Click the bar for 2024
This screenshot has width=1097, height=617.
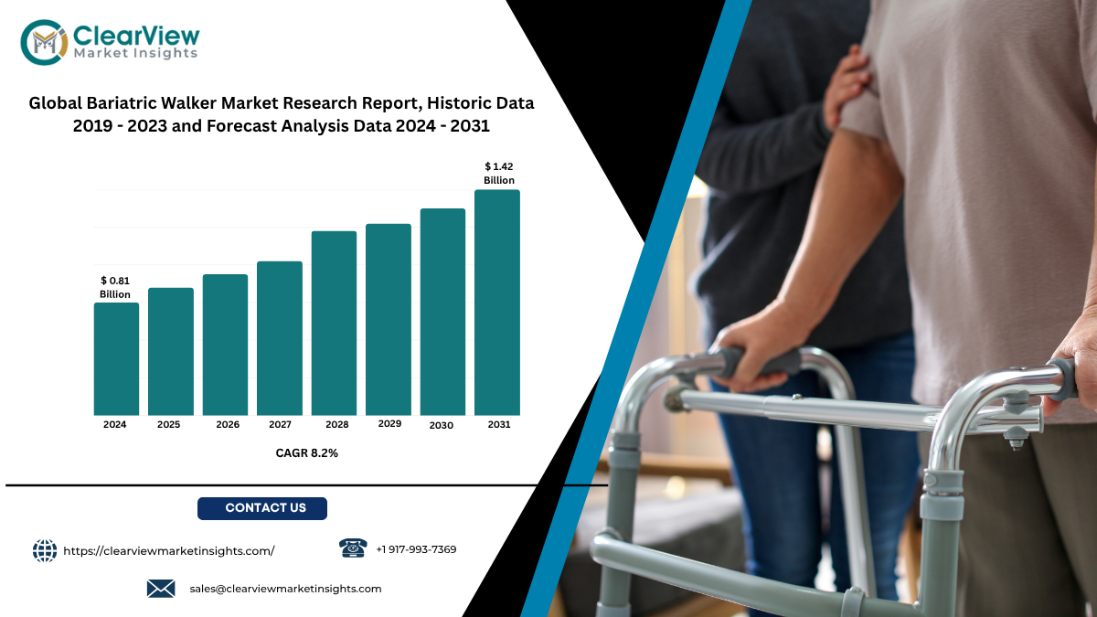(116, 359)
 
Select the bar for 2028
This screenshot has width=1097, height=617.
(334, 324)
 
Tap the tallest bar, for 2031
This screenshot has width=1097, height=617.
(497, 303)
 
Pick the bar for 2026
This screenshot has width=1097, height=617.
(225, 345)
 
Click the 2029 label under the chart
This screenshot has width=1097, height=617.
(389, 423)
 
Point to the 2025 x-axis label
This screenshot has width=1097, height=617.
(168, 424)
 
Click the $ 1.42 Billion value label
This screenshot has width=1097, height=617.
(499, 174)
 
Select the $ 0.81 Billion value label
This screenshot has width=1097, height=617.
(115, 287)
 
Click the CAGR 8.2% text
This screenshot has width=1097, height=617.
(306, 453)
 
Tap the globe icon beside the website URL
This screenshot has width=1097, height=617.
(45, 551)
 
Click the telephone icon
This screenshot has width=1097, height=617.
(353, 548)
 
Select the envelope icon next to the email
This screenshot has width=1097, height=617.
(161, 589)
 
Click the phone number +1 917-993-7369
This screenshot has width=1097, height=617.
(416, 549)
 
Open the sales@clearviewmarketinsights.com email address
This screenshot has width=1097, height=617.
(285, 589)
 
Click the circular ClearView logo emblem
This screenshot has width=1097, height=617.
(44, 42)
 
